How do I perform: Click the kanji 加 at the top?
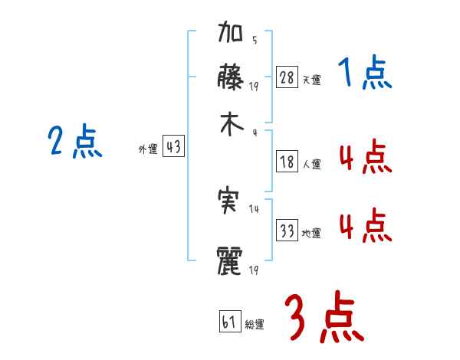[x=232, y=35]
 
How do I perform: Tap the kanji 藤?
[x=232, y=77]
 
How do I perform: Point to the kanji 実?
[x=231, y=201]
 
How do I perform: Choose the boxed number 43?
[x=173, y=147]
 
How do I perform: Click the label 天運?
[x=310, y=80]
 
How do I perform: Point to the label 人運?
[x=311, y=164]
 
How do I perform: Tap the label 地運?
[x=311, y=233]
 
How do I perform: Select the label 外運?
[x=147, y=149]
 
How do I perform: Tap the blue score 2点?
[x=75, y=142]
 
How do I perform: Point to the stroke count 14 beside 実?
[x=254, y=208]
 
